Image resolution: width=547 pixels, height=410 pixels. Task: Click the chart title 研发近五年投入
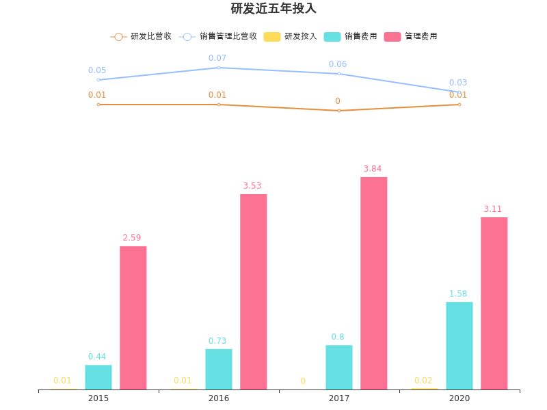(273, 9)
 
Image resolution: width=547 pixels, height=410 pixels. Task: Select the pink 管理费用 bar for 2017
(374, 283)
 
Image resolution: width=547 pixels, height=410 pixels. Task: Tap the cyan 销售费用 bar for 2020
(459, 346)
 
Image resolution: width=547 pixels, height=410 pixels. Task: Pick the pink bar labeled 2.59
(133, 318)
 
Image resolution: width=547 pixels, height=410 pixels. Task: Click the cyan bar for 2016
(219, 369)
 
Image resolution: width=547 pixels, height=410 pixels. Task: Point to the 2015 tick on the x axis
(98, 398)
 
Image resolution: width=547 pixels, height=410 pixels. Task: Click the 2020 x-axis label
(459, 398)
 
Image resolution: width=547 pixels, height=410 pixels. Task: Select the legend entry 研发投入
(291, 36)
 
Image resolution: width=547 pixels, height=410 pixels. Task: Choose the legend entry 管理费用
(411, 36)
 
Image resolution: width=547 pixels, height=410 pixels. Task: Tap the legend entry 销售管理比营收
(219, 36)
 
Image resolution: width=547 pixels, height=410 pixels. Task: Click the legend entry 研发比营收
(142, 36)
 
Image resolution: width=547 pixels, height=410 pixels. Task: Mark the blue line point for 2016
(219, 68)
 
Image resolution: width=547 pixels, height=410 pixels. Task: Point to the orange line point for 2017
(339, 111)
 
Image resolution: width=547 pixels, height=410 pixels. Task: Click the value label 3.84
(373, 168)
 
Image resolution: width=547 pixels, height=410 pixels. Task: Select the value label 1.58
(458, 294)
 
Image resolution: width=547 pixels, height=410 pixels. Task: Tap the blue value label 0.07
(217, 58)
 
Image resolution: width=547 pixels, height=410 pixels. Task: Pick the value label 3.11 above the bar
(493, 208)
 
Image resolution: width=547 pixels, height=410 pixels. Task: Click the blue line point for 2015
(98, 80)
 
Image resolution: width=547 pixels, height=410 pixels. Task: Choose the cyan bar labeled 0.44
(98, 377)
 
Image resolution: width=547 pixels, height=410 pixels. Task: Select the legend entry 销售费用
(351, 36)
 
